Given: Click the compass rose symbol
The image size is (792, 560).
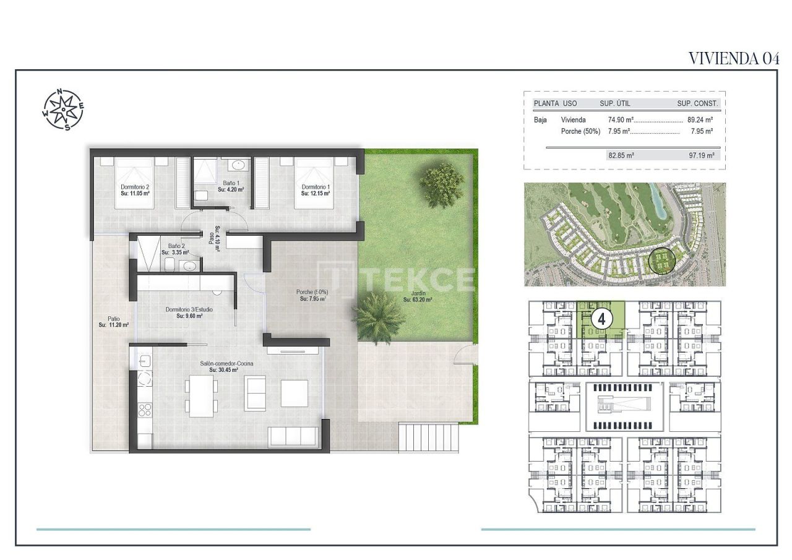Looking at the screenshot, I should (63, 110).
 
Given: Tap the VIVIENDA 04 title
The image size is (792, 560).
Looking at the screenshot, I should (733, 58).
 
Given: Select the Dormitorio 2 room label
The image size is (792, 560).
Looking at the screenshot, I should (135, 187).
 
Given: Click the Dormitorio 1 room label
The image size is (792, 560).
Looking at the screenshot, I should (316, 187).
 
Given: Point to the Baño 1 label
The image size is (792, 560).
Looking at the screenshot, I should (231, 183).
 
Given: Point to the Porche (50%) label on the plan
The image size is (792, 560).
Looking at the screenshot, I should (312, 292).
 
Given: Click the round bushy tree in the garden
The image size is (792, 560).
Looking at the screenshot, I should (442, 184).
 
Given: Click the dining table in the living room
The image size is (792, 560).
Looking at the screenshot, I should (201, 395).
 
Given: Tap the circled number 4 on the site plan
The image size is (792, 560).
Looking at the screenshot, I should (601, 319).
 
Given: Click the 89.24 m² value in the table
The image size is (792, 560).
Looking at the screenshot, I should (700, 120).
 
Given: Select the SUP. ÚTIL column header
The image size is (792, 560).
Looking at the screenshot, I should (615, 103).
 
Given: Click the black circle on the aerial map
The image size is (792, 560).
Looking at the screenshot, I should (662, 262).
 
